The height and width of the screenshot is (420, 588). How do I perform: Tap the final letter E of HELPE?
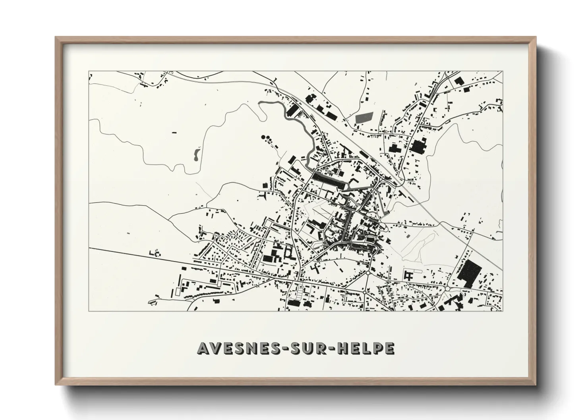(x=390, y=348)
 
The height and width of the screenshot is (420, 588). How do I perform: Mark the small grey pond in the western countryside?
(x=196, y=154)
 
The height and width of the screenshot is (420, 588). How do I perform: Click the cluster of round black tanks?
(x=267, y=139)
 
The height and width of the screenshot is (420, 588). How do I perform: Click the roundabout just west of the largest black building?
(x=448, y=289)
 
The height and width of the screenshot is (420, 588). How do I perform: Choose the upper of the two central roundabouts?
(x=368, y=274)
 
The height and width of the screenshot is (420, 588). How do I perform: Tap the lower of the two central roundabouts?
(x=364, y=292)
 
